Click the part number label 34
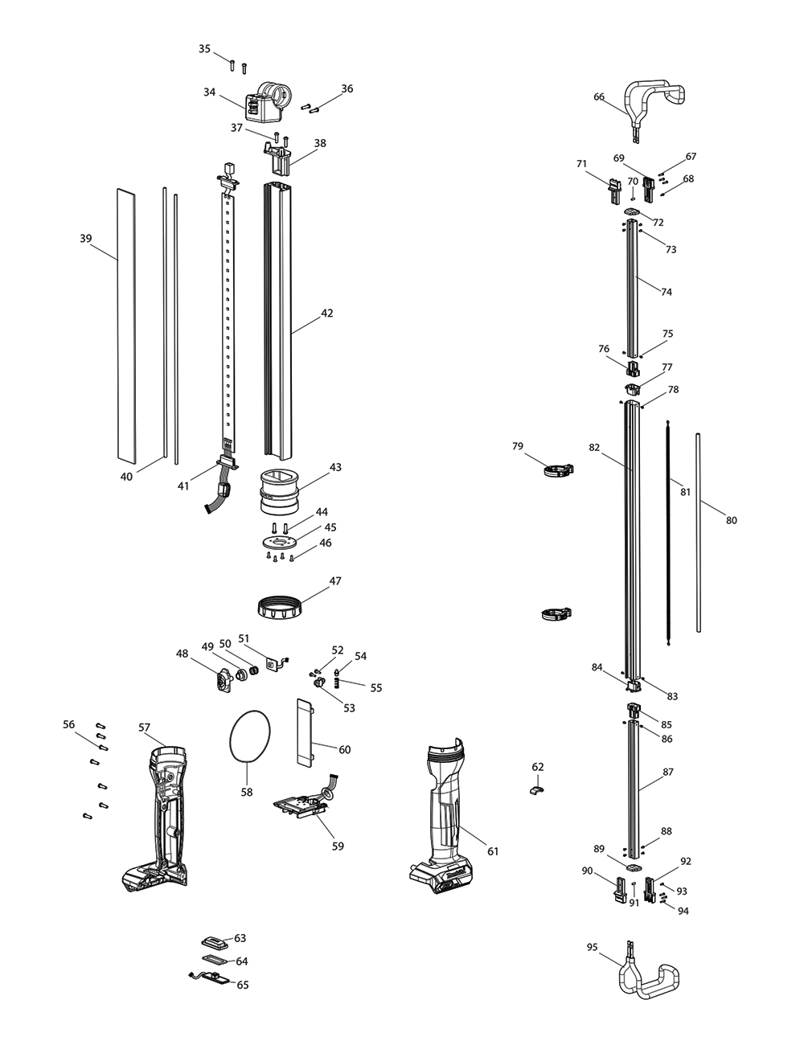(x=209, y=92)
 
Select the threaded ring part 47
(x=281, y=605)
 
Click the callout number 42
(x=326, y=314)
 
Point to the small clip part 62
(x=536, y=790)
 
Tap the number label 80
(x=731, y=520)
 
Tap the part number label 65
(x=242, y=985)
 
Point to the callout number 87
(x=667, y=772)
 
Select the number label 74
(x=667, y=292)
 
